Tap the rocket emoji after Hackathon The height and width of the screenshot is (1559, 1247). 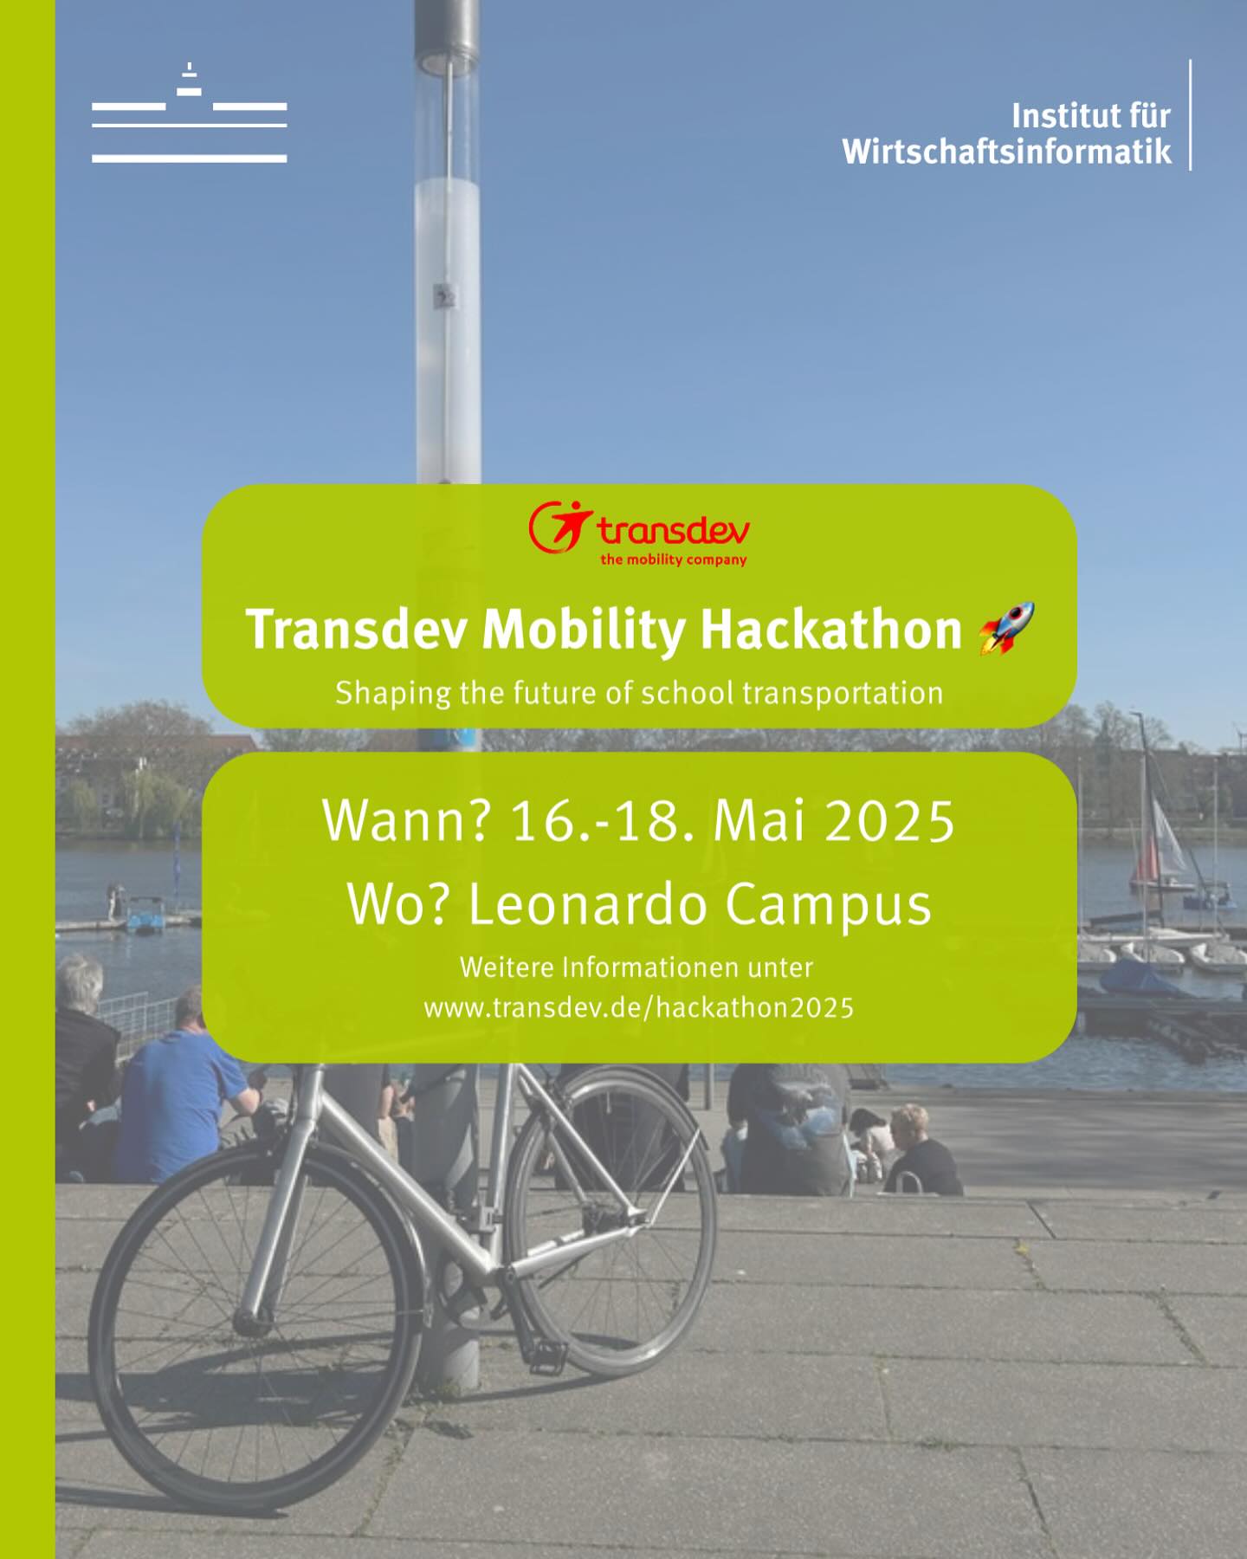click(1006, 628)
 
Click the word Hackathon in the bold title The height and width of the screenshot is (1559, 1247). click(830, 629)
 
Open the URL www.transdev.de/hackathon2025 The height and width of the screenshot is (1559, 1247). click(639, 1008)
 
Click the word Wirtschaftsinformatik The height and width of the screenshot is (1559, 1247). click(1006, 152)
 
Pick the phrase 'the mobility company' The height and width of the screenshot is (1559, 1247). click(674, 560)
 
